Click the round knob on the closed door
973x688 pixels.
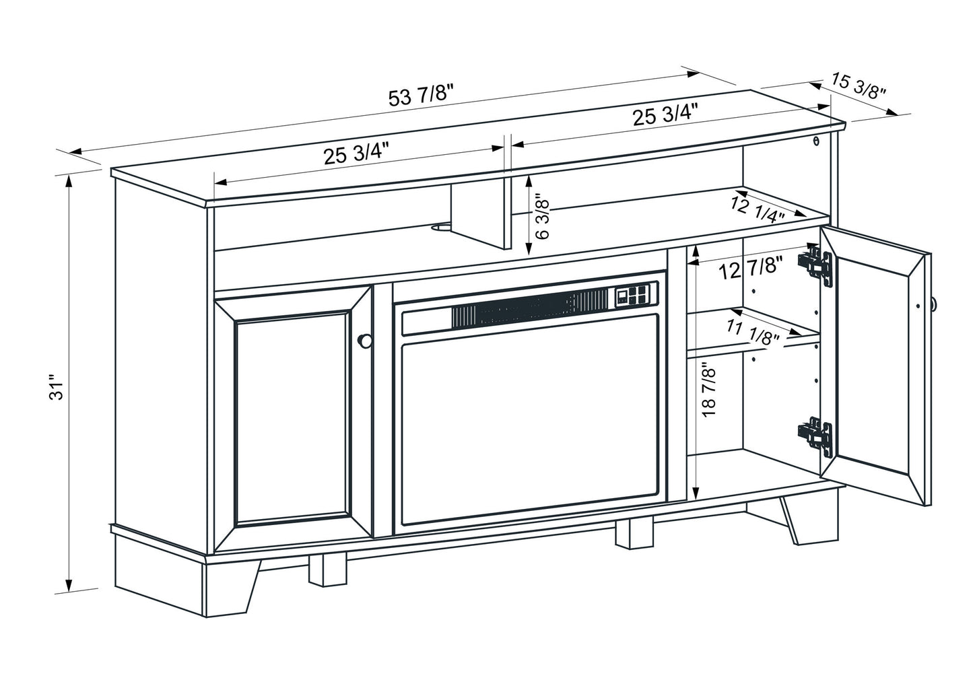(365, 341)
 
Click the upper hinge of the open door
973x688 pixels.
(815, 265)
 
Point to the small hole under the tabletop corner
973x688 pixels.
(816, 141)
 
